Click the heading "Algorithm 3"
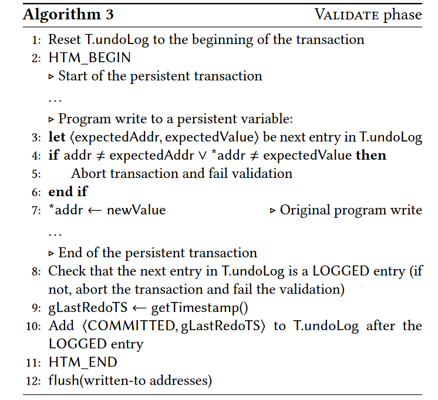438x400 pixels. pos(69,14)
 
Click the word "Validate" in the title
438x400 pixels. pos(346,15)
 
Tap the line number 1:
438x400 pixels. pos(36,40)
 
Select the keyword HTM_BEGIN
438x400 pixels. pos(90,58)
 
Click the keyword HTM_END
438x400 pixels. pos(83,362)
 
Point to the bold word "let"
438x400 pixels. pos(57,137)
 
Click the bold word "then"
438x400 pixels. pos(371,155)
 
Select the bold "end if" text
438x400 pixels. pos(68,191)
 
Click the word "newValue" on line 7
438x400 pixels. pos(136,210)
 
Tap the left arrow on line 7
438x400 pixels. pos(95,211)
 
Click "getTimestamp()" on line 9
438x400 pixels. pos(200,308)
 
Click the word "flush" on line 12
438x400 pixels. pos(64,381)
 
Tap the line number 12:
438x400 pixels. pos(33,381)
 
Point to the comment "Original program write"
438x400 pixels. pos(351,210)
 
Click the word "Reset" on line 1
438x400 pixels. pos(65,39)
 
